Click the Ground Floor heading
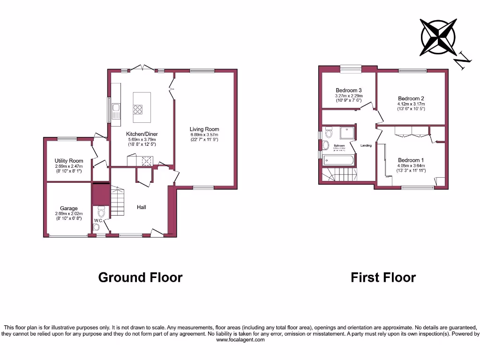click(x=140, y=277)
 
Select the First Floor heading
click(x=383, y=277)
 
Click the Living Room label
click(x=204, y=129)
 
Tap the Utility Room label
click(x=69, y=161)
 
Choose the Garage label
click(x=68, y=209)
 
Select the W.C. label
click(x=98, y=220)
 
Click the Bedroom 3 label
click(x=348, y=90)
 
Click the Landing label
click(x=366, y=146)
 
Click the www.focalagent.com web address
click(x=240, y=340)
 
